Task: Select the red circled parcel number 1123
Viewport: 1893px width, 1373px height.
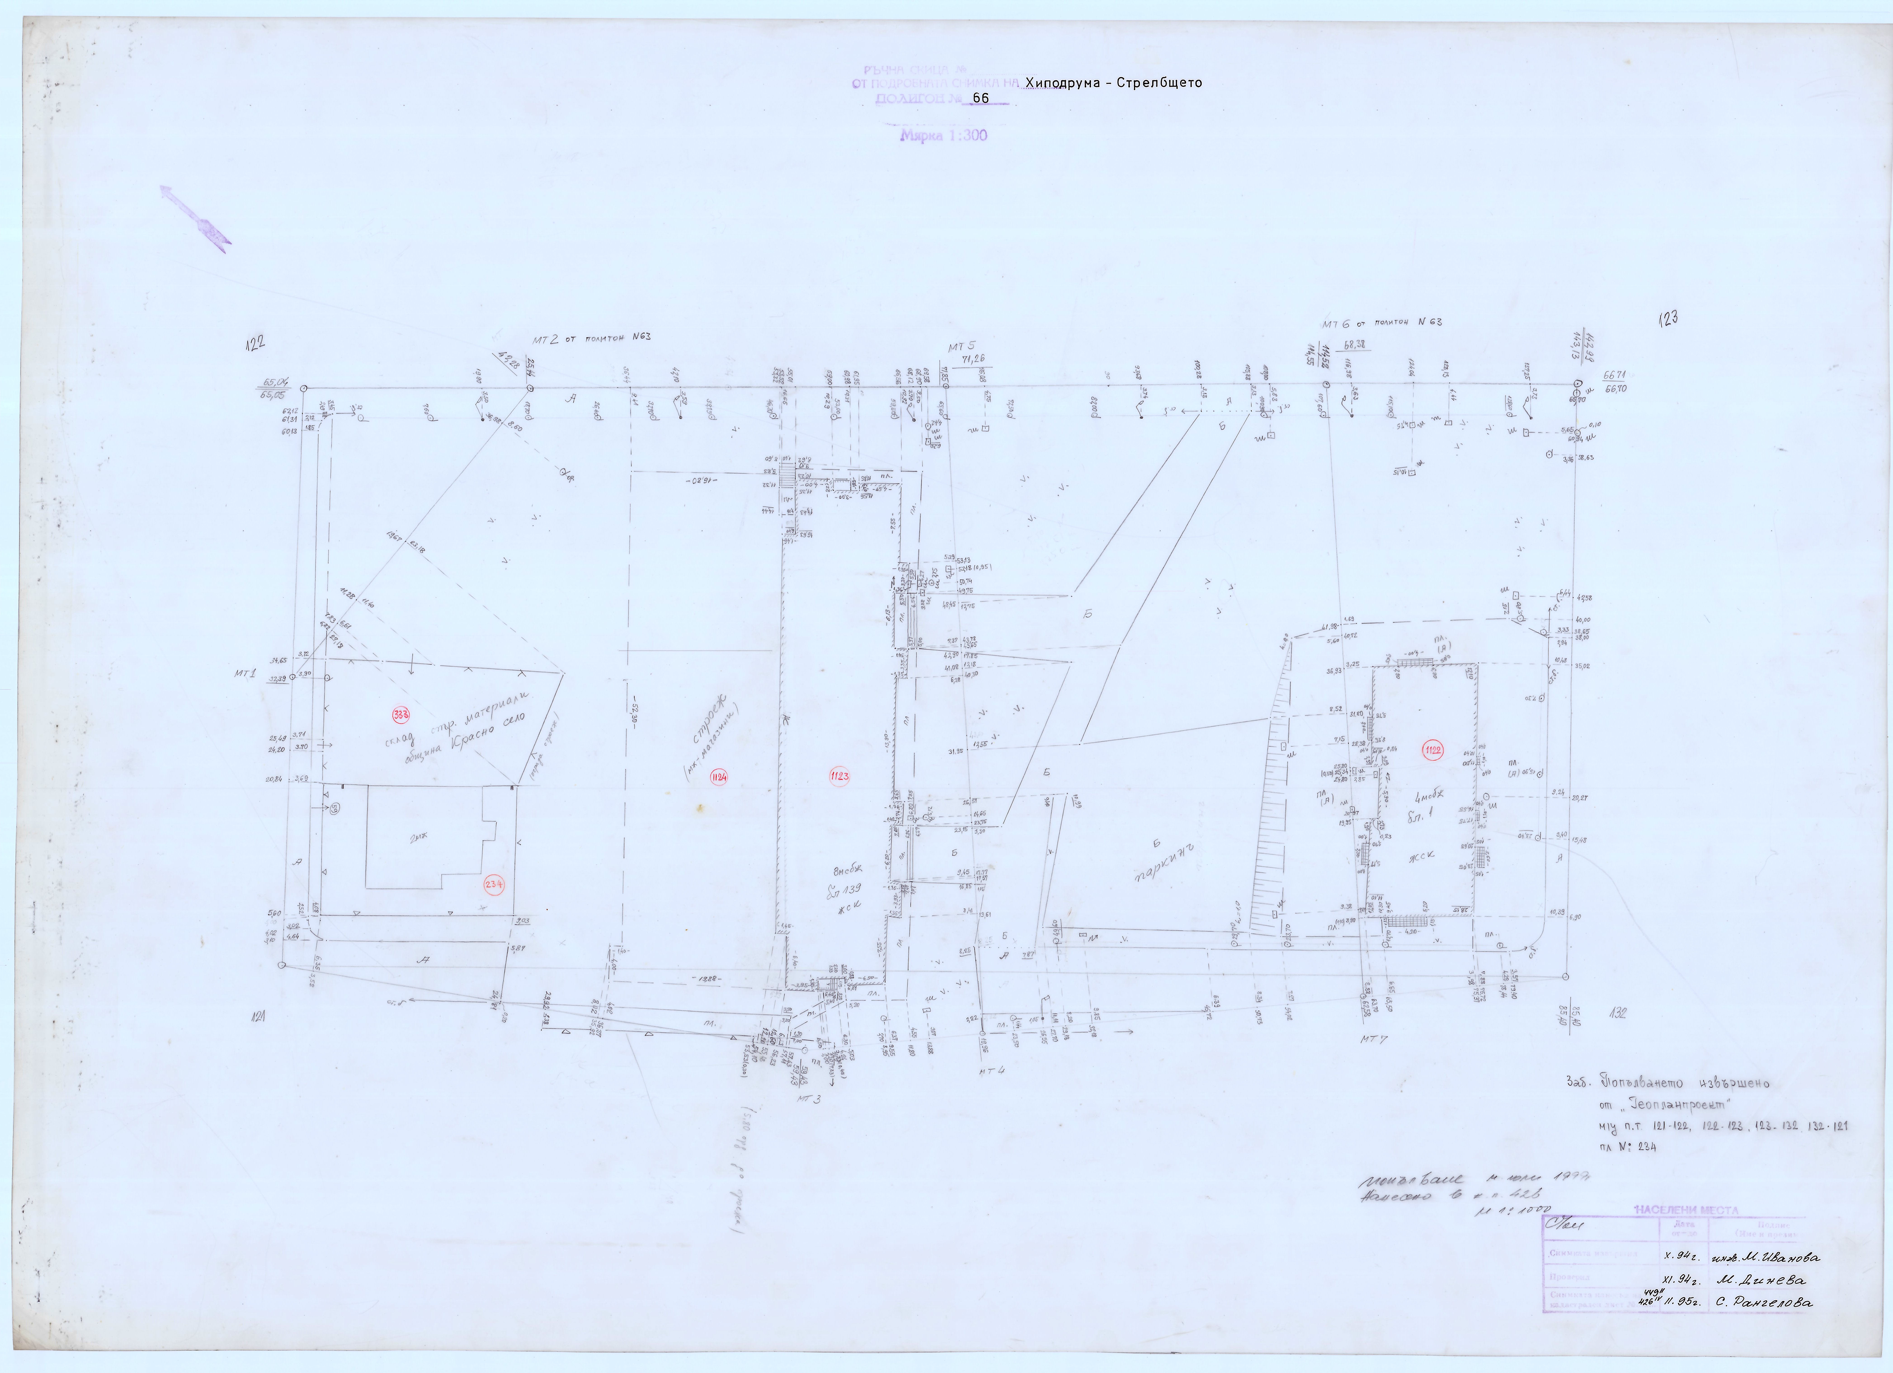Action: click(839, 776)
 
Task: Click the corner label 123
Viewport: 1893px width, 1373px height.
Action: click(1668, 318)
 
